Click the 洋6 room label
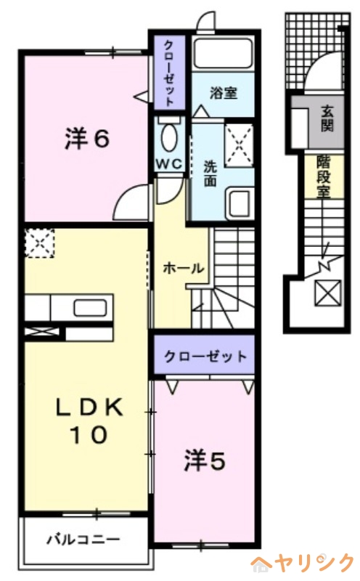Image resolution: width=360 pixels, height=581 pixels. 87,139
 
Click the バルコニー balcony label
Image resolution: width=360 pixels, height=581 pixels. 83,540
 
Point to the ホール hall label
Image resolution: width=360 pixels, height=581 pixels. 182,267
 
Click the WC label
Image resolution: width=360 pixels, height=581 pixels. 171,164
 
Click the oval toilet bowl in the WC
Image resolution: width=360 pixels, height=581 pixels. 171,136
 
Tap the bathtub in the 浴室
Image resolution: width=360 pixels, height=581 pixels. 223,54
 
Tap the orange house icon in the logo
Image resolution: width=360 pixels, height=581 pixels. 262,563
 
